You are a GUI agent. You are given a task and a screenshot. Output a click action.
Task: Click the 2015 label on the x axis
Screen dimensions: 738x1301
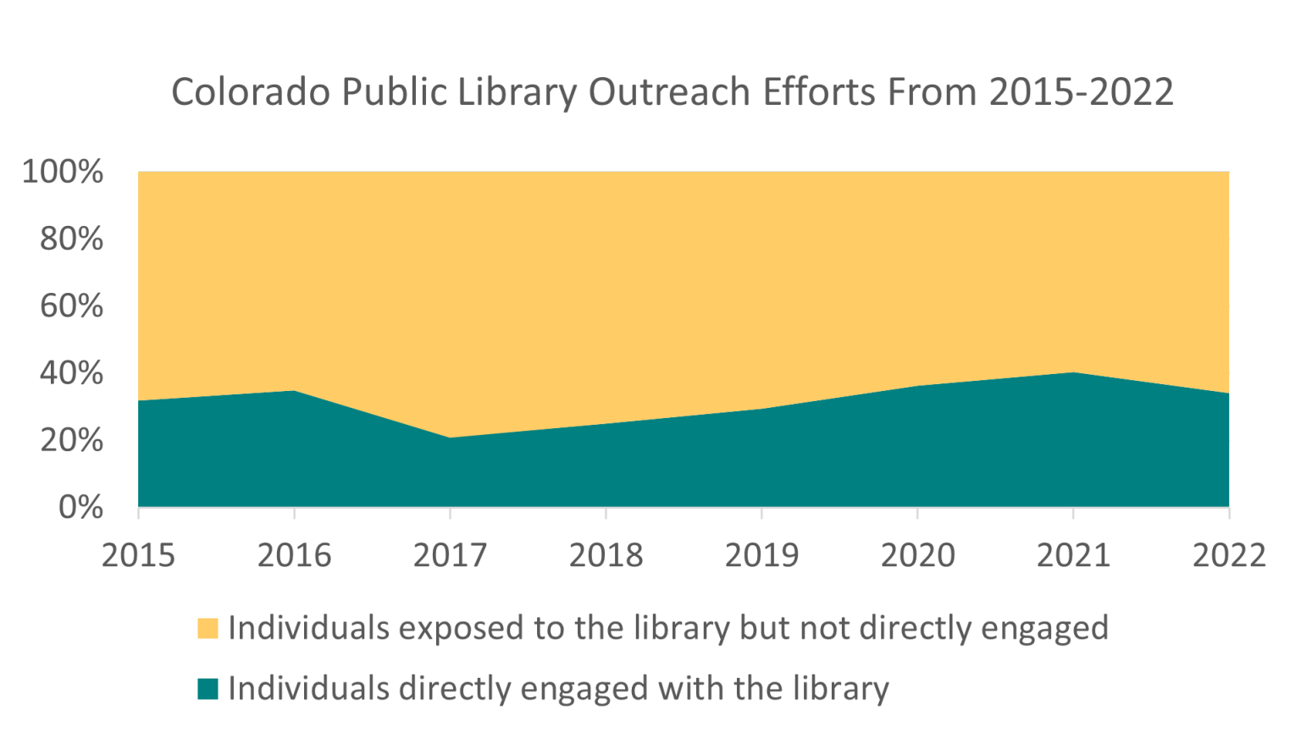tap(138, 556)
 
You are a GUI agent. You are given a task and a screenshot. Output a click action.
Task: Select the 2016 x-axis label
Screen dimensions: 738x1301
tap(294, 556)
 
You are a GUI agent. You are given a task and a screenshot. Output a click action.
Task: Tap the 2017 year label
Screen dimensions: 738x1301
tap(450, 556)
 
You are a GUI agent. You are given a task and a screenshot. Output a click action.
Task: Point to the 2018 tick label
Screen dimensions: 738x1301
tap(606, 556)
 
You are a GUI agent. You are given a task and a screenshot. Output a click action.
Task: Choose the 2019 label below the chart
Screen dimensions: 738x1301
tap(761, 556)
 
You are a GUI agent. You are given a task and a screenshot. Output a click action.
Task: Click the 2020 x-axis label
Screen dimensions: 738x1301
tap(917, 556)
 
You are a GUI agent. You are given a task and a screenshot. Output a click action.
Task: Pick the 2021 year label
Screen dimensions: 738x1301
tap(1073, 556)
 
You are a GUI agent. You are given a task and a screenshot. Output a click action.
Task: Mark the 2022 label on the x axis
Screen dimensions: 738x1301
tap(1229, 556)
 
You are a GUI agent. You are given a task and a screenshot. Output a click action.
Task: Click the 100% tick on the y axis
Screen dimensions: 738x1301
tap(63, 172)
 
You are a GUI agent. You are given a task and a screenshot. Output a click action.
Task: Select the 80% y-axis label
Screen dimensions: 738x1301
tap(71, 239)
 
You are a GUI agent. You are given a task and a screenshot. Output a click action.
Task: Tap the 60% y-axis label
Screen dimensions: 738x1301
tap(71, 306)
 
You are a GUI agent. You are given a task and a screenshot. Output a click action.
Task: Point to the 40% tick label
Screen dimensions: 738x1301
tap(71, 373)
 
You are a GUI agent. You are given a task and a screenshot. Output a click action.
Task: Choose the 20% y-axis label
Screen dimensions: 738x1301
tap(71, 440)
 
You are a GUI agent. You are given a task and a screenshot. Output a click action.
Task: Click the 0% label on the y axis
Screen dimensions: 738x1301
tap(80, 507)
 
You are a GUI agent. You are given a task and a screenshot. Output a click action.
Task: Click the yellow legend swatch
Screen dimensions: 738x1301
tap(208, 629)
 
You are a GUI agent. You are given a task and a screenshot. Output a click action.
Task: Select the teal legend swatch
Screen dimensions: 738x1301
tap(208, 689)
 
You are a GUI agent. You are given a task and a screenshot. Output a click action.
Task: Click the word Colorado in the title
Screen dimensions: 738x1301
tap(251, 92)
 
